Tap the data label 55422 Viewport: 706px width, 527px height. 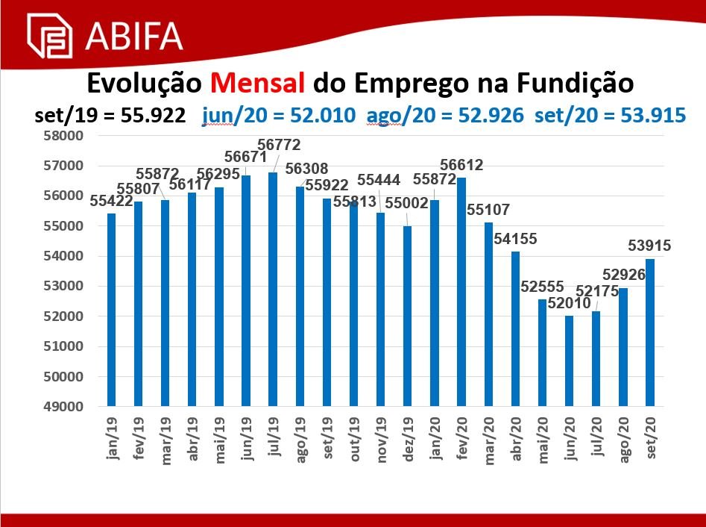point(111,202)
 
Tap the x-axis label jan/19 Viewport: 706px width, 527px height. point(112,437)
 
